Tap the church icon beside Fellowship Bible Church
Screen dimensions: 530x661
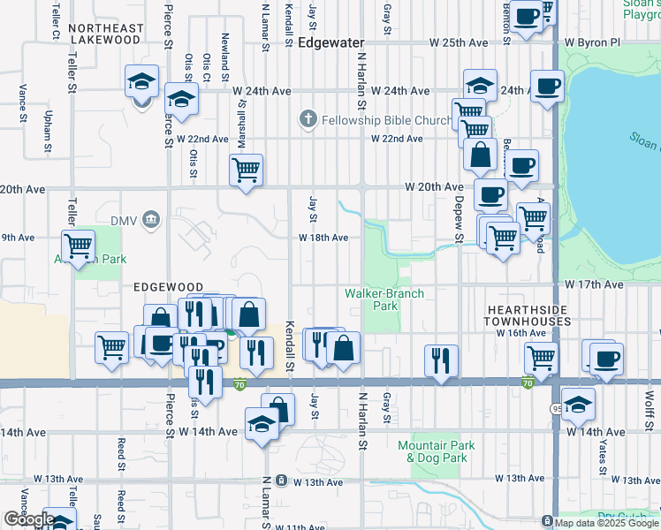click(308, 119)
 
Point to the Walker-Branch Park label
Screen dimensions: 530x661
click(384, 299)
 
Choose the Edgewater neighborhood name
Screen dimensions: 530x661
click(331, 42)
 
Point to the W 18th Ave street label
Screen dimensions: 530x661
click(323, 238)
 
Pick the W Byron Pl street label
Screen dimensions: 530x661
click(593, 42)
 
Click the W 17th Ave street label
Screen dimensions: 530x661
click(595, 285)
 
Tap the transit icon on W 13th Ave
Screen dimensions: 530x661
click(281, 481)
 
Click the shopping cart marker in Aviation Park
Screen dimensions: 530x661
click(79, 246)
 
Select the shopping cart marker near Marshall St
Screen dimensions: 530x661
click(247, 169)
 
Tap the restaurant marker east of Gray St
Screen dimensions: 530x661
click(440, 360)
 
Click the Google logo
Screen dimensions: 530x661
click(28, 519)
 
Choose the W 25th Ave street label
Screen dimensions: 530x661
click(459, 42)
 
